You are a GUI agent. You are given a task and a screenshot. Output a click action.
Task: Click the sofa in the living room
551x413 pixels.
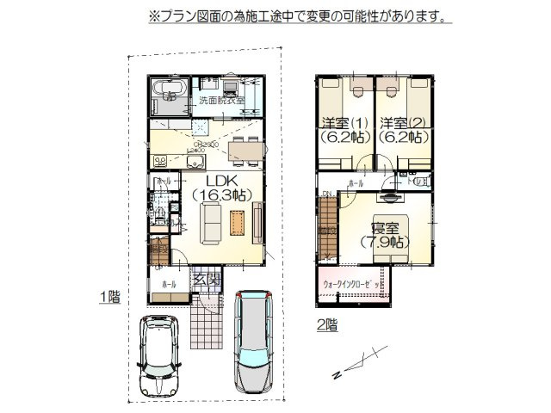212,226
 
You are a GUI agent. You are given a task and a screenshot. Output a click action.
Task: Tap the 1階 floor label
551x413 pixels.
109,297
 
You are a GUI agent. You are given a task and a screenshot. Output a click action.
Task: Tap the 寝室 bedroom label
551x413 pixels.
384,227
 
